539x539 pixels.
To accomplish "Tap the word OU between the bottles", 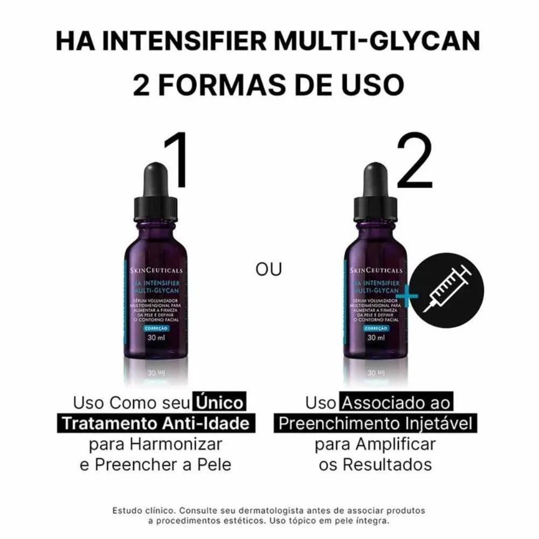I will (269, 268).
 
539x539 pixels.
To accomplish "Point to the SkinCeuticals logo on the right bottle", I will (376, 270).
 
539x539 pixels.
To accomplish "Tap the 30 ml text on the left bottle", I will (156, 338).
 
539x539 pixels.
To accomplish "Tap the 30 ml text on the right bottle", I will (376, 338).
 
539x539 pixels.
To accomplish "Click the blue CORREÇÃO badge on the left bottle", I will (156, 328).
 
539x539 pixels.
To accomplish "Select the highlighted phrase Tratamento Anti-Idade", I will (156, 423).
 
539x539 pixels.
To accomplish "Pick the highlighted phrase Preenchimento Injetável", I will (375, 423).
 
